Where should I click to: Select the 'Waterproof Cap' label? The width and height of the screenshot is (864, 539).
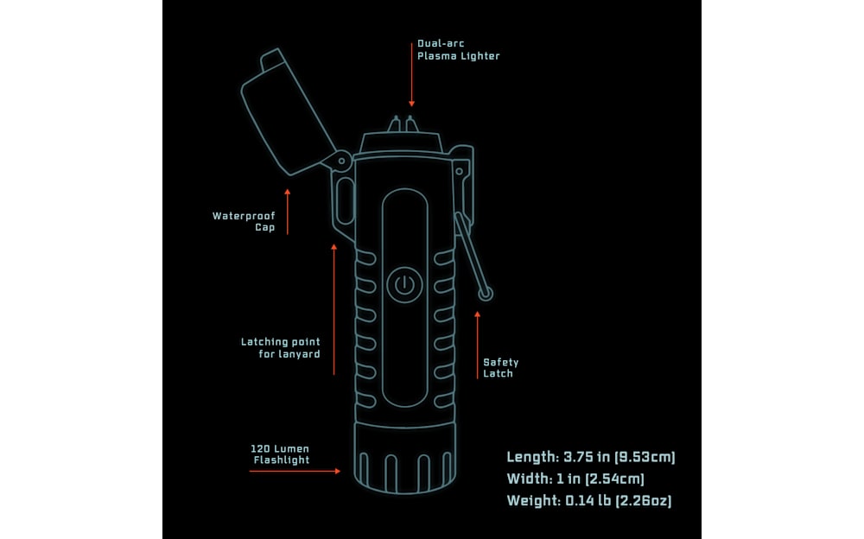coord(244,222)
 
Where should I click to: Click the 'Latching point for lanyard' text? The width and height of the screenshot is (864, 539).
coord(280,348)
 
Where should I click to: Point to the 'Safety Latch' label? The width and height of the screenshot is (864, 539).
coord(500,368)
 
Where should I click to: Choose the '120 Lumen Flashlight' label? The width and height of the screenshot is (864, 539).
coord(280,454)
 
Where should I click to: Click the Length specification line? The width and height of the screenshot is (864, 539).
coord(590,457)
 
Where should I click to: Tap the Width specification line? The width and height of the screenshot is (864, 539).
coord(575,479)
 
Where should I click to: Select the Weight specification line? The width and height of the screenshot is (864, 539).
coord(589,500)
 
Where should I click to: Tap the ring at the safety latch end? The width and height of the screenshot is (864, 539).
coord(486,295)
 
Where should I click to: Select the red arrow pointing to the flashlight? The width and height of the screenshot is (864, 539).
coord(312,471)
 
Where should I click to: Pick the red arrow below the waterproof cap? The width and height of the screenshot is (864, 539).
coord(288,211)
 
